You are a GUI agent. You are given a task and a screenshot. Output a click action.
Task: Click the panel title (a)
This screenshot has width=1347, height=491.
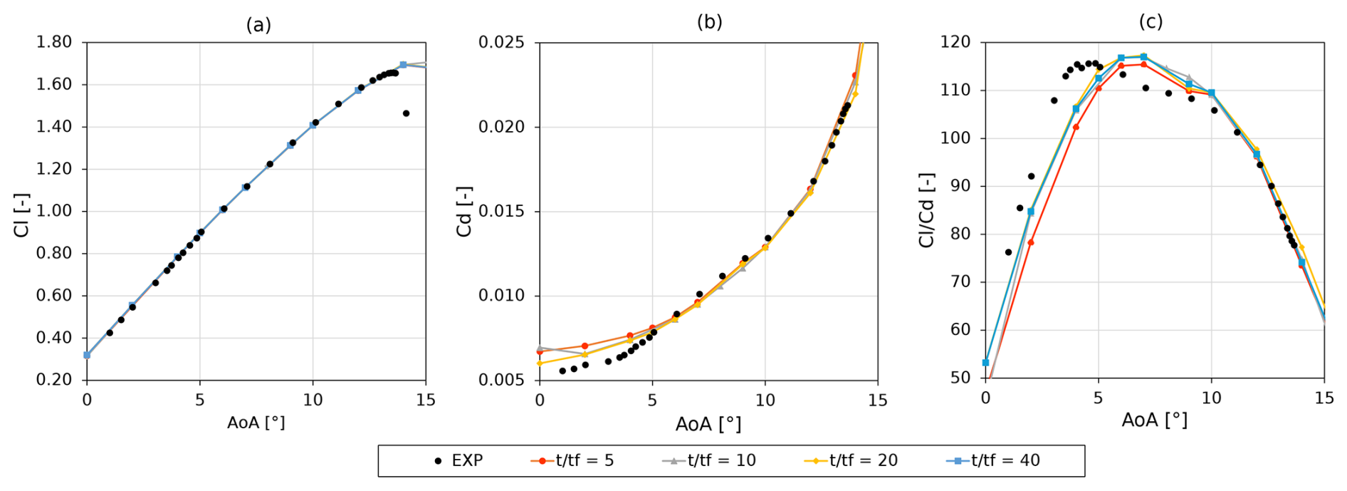pos(258,25)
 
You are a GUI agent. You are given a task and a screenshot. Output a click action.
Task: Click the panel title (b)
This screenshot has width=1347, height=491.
pos(709,22)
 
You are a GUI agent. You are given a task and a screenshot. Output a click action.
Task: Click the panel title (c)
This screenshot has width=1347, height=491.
pos(1151,22)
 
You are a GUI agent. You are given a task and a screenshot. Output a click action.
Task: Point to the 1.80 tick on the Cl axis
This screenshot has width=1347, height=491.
pos(54,42)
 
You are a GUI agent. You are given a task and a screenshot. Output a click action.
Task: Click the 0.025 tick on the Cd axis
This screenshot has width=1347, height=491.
pos(501,42)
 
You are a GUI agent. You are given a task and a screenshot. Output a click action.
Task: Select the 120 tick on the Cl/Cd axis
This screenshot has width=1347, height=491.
pos(955,42)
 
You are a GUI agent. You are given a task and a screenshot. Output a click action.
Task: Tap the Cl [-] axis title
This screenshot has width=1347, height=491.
pos(22,215)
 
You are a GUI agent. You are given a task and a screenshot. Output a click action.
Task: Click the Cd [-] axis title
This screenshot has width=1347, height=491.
pos(464,212)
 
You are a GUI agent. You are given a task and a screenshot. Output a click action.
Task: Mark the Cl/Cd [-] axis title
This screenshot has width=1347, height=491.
pos(926,210)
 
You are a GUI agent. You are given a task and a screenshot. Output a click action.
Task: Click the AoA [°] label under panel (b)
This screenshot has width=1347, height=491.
pos(708,424)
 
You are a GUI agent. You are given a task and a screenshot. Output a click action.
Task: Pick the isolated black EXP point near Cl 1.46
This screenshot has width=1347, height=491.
pos(406,113)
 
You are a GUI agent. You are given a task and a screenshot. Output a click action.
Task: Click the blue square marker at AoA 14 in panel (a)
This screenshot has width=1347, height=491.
pos(403,65)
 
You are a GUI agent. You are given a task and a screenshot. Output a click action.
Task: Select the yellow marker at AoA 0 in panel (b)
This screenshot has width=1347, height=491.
pos(540,363)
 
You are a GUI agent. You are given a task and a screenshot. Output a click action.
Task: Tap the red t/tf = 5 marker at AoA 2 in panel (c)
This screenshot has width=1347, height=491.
pos(1030,242)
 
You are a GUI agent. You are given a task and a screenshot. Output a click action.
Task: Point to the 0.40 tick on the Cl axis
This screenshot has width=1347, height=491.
pos(54,337)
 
